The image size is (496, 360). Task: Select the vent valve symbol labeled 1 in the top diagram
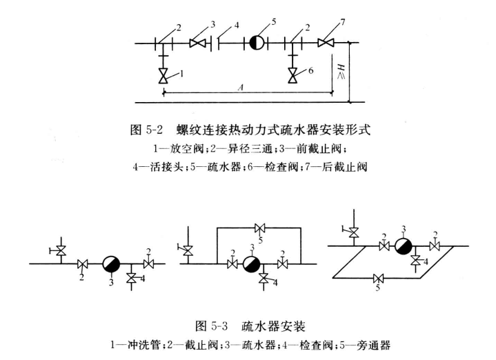(x=163, y=74)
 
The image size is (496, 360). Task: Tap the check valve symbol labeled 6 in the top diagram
(x=294, y=74)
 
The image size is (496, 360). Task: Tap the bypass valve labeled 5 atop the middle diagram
(x=259, y=229)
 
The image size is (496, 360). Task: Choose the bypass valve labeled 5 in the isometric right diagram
(x=377, y=279)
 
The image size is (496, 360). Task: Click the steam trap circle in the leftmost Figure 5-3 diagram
(x=110, y=263)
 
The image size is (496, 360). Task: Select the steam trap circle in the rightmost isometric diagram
(x=406, y=244)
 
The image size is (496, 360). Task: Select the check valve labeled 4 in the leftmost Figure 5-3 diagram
(x=132, y=277)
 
